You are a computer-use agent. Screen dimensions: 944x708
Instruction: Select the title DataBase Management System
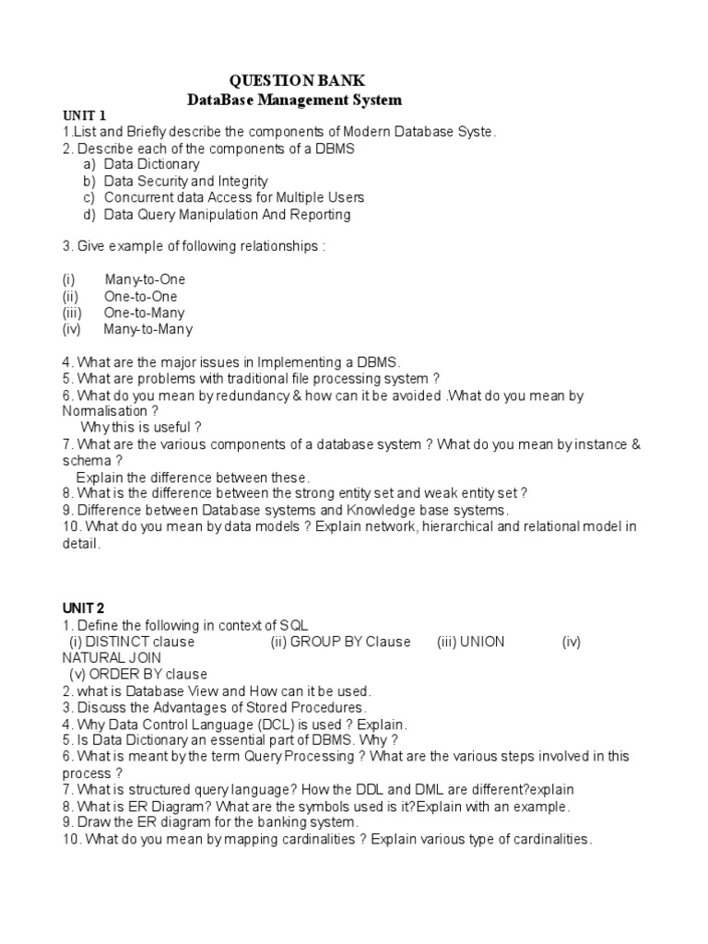[x=294, y=99]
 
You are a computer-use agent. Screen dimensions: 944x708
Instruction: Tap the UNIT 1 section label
[x=84, y=115]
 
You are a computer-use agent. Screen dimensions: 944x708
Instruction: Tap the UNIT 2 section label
[x=84, y=608]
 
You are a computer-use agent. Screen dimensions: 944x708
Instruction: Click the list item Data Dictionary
[x=151, y=164]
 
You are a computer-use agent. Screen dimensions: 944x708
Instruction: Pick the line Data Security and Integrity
[x=186, y=181]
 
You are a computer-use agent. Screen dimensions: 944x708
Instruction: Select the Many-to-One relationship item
[x=145, y=279]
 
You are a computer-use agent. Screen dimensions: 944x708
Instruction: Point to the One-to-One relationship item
[x=140, y=296]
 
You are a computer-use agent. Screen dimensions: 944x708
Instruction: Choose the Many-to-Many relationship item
[x=147, y=329]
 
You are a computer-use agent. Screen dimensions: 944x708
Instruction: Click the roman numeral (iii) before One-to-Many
[x=73, y=313]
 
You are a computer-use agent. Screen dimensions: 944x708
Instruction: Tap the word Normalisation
[x=105, y=411]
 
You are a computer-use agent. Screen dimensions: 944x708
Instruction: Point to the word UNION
[x=482, y=642]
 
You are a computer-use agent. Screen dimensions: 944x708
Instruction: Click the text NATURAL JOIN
[x=111, y=658]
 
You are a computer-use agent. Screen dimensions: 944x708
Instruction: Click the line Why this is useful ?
[x=140, y=428]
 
